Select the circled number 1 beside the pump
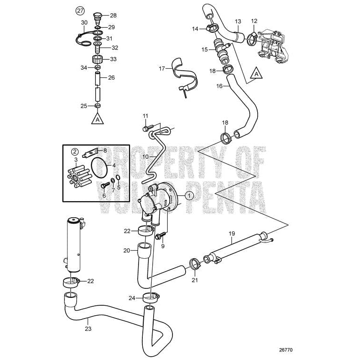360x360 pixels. click(x=189, y=194)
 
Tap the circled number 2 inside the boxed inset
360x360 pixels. click(x=74, y=151)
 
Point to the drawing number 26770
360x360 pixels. click(x=286, y=350)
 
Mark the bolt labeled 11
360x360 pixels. click(x=144, y=127)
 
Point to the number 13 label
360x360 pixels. click(x=238, y=21)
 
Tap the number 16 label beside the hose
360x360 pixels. click(x=219, y=86)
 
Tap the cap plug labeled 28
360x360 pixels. click(x=98, y=16)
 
